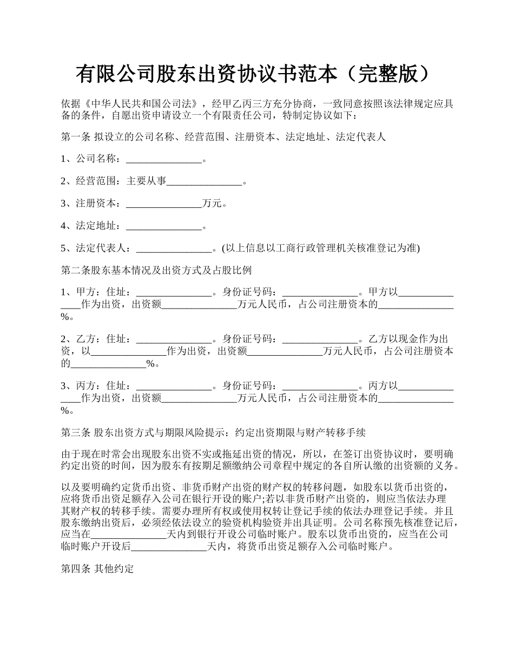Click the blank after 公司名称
(x=163, y=159)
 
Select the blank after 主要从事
(x=205, y=182)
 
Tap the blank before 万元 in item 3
(x=163, y=204)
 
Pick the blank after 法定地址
(x=163, y=226)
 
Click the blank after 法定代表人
(x=174, y=249)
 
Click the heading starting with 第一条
(x=223, y=137)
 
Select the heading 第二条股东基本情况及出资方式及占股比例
(x=156, y=270)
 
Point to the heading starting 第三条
(x=214, y=433)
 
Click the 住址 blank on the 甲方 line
(x=174, y=293)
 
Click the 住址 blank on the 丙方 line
(x=174, y=387)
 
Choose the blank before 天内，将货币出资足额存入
(x=169, y=547)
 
